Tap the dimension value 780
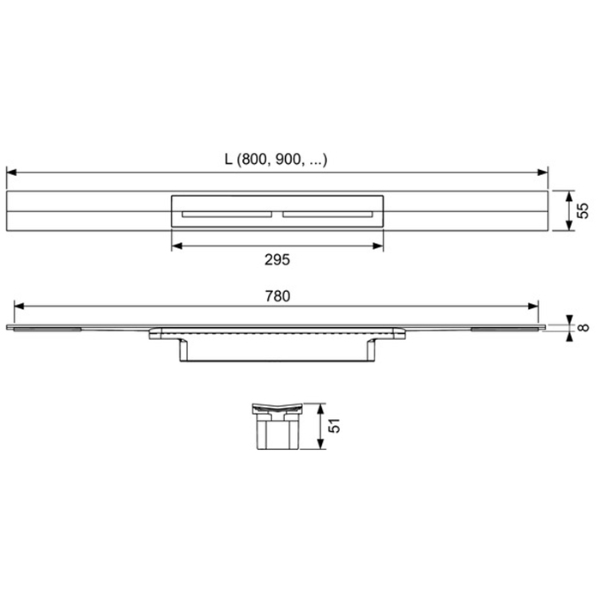[x=277, y=295]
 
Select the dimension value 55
[x=581, y=210]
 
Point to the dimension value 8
[x=583, y=326]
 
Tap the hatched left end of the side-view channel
[x=47, y=327]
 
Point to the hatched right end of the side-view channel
[x=507, y=327]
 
